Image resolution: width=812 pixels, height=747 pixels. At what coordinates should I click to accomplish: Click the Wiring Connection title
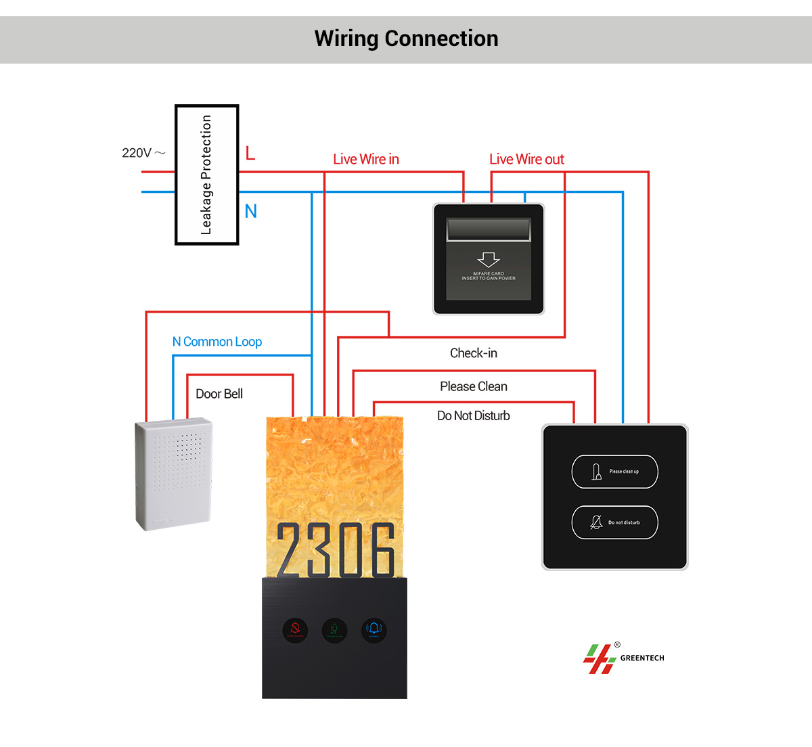406,39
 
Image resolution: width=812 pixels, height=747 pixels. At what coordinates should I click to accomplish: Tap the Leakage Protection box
206,175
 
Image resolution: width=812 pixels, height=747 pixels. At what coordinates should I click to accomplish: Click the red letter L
250,154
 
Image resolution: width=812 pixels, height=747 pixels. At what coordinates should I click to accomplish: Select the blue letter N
251,211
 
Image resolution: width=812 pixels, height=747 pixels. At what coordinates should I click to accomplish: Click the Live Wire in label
366,159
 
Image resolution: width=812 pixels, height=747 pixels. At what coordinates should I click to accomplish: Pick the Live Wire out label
526,159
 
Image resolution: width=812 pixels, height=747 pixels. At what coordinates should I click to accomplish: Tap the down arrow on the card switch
489,259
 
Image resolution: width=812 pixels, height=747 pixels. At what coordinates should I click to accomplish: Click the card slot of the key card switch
489,230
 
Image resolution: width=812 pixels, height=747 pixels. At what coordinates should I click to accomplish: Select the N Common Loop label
217,342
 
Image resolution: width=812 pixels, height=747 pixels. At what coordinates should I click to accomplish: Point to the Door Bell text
219,394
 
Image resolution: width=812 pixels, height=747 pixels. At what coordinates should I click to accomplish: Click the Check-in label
474,353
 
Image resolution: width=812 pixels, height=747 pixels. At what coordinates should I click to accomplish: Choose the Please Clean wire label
474,386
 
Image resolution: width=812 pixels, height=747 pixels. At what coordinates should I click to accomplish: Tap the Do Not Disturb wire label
474,415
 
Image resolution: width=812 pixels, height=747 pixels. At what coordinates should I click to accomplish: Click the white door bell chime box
174,474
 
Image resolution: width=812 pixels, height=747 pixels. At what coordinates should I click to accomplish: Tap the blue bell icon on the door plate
374,630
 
